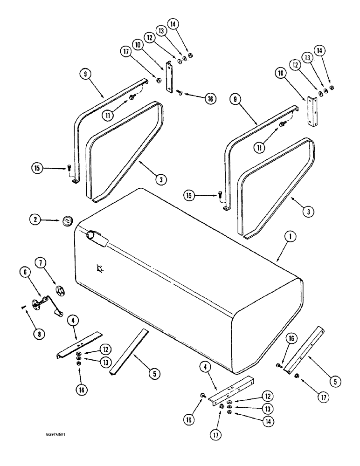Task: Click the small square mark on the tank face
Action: coord(98,267)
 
